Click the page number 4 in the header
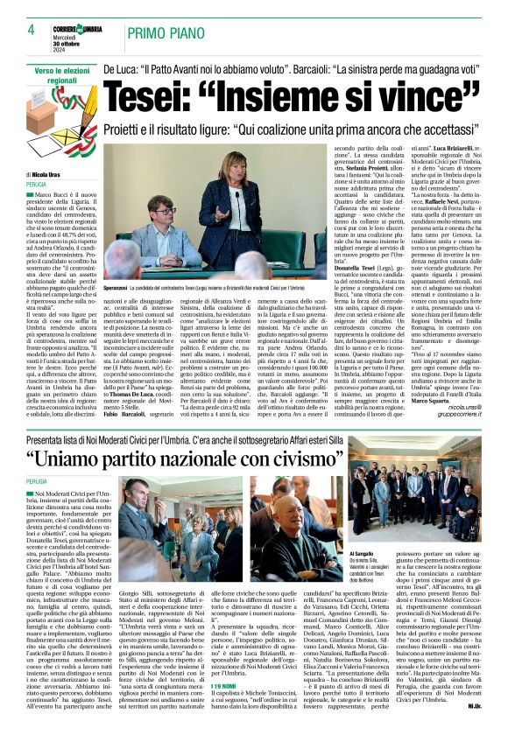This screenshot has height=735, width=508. tap(18, 31)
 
